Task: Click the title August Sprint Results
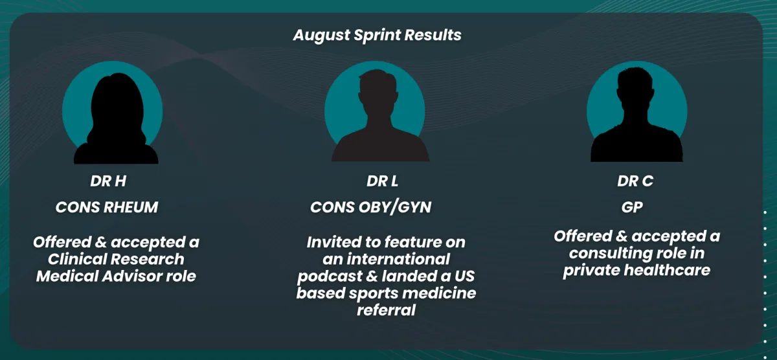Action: click(377, 35)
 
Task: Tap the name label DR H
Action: click(108, 181)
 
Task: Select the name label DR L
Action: click(382, 181)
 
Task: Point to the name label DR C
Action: click(635, 181)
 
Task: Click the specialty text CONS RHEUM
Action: click(107, 207)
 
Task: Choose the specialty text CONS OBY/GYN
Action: click(371, 208)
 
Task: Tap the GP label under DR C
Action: click(632, 207)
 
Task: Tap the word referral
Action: click(386, 310)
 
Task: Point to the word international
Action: click(398, 259)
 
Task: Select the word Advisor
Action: click(132, 276)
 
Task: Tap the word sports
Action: click(373, 294)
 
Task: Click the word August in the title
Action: click(322, 36)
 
